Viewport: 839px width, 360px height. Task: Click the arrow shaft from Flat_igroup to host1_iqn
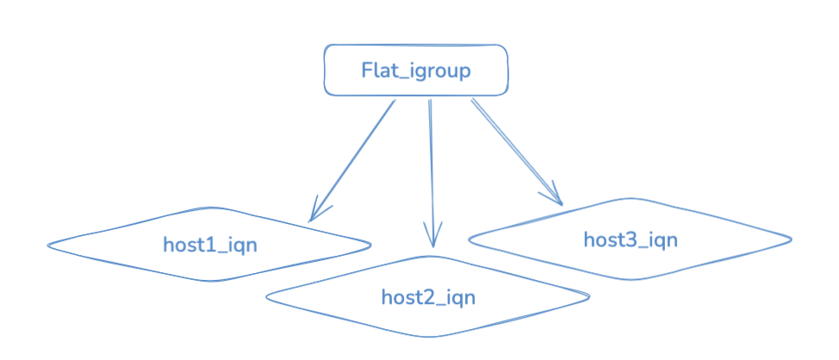[352, 160]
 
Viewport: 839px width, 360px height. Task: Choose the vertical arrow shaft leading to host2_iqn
[432, 173]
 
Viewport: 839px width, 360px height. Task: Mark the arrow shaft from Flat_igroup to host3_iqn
[517, 152]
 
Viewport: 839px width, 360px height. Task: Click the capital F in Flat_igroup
[368, 70]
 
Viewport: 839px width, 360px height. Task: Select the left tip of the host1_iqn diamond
[47, 245]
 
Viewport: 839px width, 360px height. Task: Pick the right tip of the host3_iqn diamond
[792, 239]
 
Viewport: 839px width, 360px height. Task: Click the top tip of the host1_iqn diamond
[211, 208]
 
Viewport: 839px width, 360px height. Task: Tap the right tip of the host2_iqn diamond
[589, 295]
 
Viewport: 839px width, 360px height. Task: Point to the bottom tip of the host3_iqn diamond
[632, 279]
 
